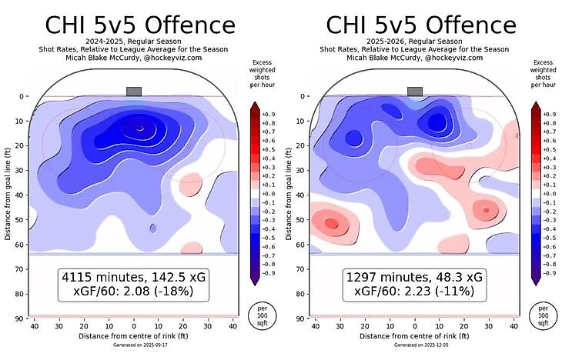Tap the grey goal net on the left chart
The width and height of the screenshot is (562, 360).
(x=134, y=91)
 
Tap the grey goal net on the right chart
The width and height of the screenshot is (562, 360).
(x=415, y=91)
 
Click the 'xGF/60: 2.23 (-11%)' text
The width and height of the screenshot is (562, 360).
(x=414, y=292)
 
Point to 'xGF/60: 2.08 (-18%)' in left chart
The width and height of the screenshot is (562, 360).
(x=133, y=292)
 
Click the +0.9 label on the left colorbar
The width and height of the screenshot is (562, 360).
(x=269, y=114)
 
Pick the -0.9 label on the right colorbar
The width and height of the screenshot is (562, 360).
(x=550, y=272)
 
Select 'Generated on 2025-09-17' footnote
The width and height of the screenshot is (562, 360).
(x=133, y=345)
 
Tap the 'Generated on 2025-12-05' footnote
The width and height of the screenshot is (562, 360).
(x=414, y=345)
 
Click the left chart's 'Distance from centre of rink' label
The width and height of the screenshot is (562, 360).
(x=133, y=336)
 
